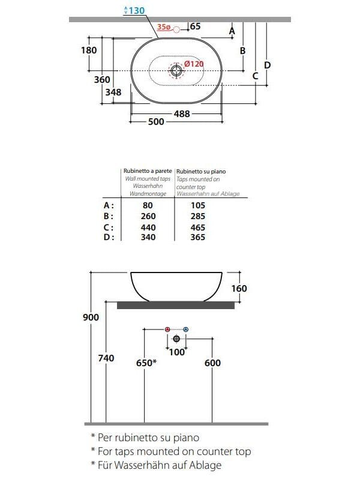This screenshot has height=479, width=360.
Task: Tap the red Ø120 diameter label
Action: click(194, 64)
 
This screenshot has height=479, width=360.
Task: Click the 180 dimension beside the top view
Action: click(89, 50)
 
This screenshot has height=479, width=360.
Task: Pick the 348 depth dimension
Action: click(113, 92)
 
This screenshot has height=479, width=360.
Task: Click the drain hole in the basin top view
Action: click(176, 71)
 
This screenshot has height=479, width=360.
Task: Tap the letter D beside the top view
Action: click(268, 65)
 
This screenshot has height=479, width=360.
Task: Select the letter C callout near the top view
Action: click(255, 76)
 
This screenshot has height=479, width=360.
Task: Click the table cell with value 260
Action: click(148, 216)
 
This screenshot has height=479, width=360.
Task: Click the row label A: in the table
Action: click(109, 205)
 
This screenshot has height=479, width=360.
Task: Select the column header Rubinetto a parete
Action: click(147, 172)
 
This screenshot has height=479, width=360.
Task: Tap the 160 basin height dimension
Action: click(239, 289)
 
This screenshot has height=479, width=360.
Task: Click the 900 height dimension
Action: click(91, 318)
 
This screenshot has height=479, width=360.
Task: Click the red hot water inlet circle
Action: click(167, 330)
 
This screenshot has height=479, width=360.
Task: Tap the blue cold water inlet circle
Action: click(185, 330)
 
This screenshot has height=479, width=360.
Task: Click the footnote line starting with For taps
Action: click(170, 451)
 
